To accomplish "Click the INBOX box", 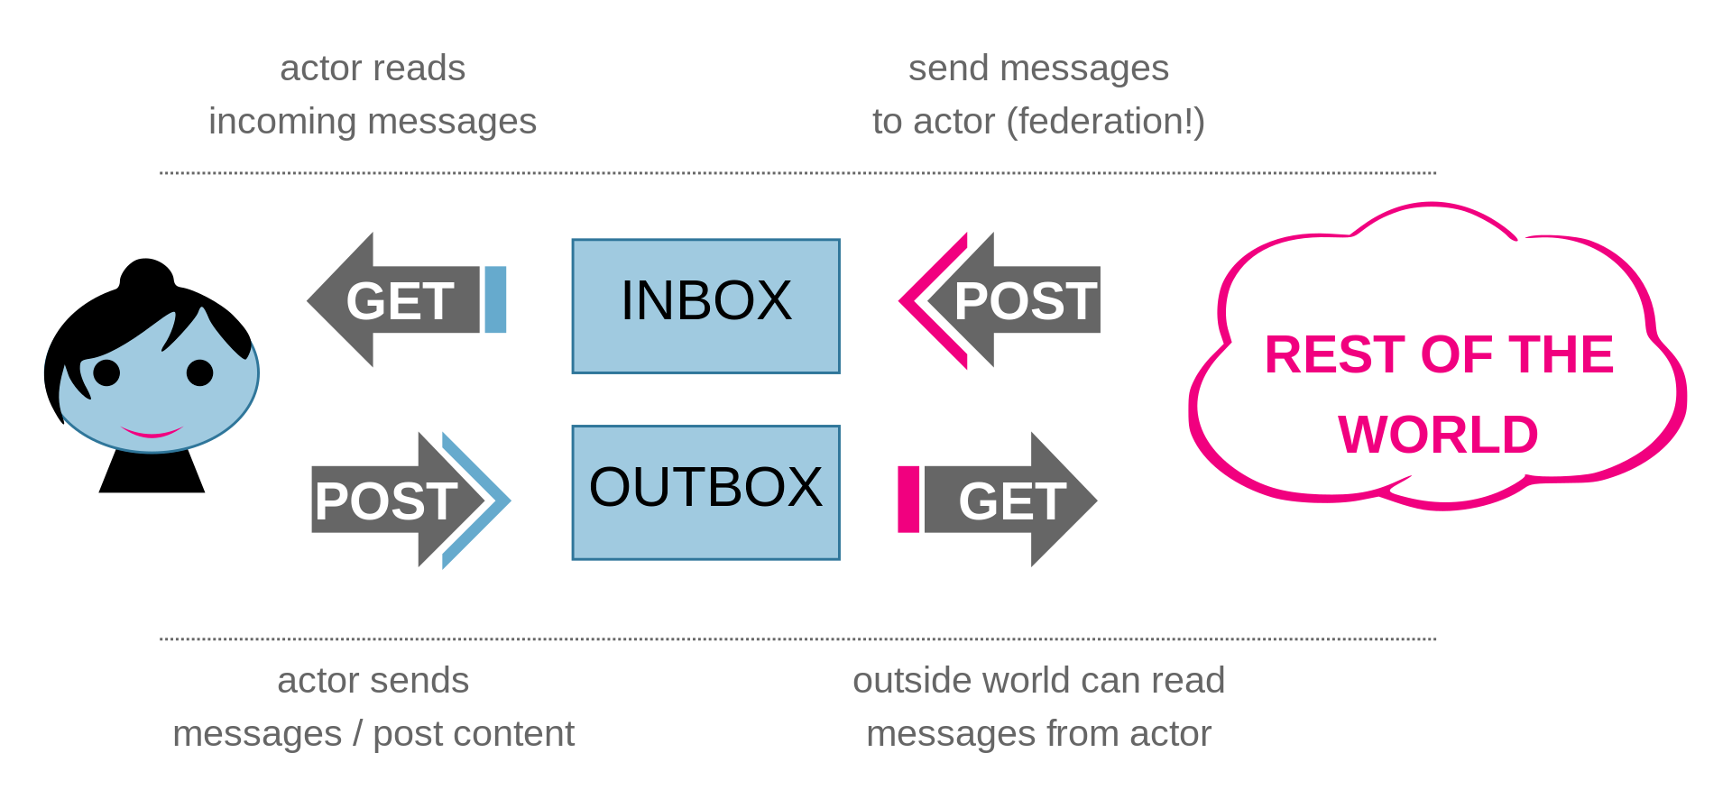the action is point(705,306).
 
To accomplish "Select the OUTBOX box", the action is point(705,492).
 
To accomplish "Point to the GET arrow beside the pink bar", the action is point(1010,500).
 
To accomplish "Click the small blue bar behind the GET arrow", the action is point(495,299).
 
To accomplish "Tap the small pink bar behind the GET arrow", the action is point(908,500).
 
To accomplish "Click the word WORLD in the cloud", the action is point(1438,435).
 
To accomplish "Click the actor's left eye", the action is point(106,372).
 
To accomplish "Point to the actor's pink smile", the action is point(152,432).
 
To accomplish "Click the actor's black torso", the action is point(152,471).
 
